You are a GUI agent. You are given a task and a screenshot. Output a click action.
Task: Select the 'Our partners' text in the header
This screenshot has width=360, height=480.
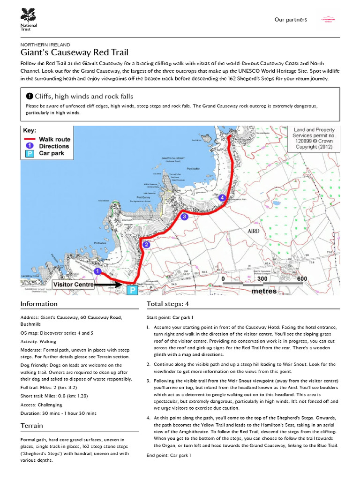point(291,20)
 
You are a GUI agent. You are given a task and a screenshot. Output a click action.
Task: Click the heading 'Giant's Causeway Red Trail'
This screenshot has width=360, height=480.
point(75,52)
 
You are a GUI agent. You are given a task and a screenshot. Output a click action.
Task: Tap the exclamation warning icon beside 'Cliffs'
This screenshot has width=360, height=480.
point(29,96)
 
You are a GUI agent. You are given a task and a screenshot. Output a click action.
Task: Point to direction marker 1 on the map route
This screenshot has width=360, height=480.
point(97,271)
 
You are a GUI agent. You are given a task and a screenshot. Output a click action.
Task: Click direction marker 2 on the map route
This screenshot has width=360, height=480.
point(146,244)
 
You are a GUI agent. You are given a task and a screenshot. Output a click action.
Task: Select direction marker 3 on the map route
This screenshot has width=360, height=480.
point(184,217)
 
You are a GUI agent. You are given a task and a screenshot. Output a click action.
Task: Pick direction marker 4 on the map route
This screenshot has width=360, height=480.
point(222,198)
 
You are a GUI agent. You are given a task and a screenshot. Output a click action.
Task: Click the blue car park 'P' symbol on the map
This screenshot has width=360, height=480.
point(133,290)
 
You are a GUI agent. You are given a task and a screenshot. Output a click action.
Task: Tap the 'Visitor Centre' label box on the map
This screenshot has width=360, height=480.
point(74,285)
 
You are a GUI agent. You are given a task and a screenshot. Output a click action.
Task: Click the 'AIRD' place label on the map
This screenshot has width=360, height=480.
point(254,232)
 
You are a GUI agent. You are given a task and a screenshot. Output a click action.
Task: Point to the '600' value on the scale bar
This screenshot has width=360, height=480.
point(301,278)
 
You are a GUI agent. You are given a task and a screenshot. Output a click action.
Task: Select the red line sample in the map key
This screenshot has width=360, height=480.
point(30,139)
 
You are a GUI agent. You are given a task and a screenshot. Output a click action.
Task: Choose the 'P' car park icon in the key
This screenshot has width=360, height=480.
point(29,153)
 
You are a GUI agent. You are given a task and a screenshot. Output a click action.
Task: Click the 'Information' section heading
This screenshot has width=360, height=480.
point(39,304)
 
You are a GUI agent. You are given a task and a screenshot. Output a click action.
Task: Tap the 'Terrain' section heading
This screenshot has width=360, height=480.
point(32,426)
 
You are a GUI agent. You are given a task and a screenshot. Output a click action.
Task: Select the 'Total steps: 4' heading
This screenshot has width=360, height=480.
point(168,304)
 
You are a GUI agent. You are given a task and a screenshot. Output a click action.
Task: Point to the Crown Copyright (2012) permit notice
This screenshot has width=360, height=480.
point(314,138)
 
